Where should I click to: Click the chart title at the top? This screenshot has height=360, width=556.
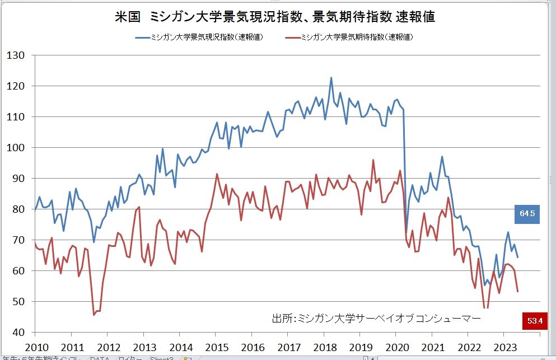(x=275, y=17)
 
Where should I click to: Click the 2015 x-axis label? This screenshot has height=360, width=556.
(x=216, y=346)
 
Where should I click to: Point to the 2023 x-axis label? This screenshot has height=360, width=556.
(x=505, y=346)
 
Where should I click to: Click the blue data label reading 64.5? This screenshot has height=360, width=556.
(x=527, y=214)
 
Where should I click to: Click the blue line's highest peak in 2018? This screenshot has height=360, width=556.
(x=331, y=78)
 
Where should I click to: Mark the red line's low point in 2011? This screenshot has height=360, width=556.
(x=94, y=315)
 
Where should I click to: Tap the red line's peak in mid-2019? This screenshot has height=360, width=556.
(x=373, y=160)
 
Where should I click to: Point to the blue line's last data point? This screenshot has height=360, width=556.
(x=518, y=257)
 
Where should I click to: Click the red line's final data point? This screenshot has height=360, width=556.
(x=518, y=291)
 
